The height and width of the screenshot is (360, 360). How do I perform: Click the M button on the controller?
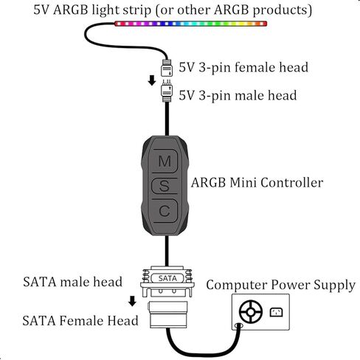(x=165, y=161)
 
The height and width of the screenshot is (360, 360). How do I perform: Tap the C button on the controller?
(x=165, y=211)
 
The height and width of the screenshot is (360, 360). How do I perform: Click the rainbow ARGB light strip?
(x=190, y=24)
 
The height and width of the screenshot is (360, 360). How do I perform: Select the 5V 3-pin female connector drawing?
(x=167, y=68)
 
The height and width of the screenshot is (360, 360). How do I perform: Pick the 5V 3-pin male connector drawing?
(x=167, y=91)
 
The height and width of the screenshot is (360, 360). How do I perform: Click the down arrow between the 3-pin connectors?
(x=152, y=80)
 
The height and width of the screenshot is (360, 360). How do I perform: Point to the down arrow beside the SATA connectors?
(x=132, y=301)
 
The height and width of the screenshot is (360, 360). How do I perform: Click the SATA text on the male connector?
(x=167, y=278)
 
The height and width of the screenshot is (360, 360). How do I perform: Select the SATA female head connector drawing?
(x=168, y=315)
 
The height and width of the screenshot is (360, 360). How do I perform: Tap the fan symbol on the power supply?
(x=251, y=312)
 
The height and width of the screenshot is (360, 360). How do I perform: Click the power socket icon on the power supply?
(x=276, y=312)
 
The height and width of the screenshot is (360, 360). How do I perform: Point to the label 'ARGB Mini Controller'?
(x=257, y=183)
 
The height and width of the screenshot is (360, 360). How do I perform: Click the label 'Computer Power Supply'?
(x=281, y=285)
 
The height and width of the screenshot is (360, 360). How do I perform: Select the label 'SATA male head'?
(x=72, y=282)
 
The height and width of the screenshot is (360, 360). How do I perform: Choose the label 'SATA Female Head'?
(x=80, y=321)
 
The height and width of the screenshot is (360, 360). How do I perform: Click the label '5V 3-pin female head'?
(x=243, y=67)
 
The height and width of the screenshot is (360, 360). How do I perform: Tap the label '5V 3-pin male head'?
(x=238, y=95)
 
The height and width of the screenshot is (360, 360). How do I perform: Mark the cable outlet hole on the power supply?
(x=239, y=326)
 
